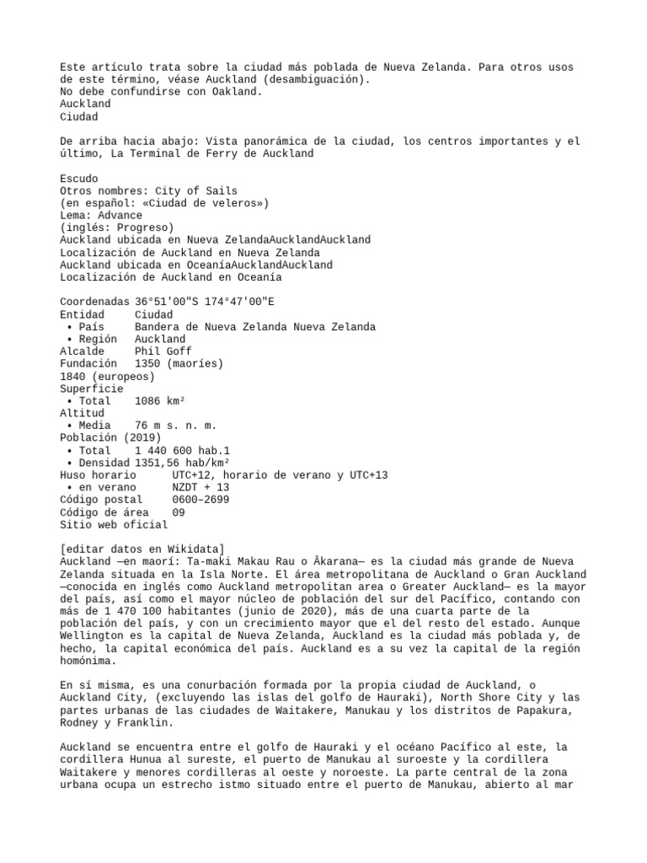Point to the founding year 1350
pyautogui.click(x=147, y=363)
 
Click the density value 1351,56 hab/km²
pyautogui.click(x=182, y=463)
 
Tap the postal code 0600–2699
pyautogui.click(x=201, y=500)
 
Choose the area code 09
pyautogui.click(x=179, y=512)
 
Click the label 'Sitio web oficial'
pyautogui.click(x=113, y=524)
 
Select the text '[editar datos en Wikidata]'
pyautogui.click(x=142, y=549)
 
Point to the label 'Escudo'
pyautogui.click(x=79, y=179)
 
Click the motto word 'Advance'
pyautogui.click(x=120, y=216)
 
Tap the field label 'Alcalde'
pyautogui.click(x=83, y=351)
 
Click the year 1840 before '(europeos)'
pyautogui.click(x=76, y=376)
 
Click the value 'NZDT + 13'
pyautogui.click(x=201, y=488)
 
